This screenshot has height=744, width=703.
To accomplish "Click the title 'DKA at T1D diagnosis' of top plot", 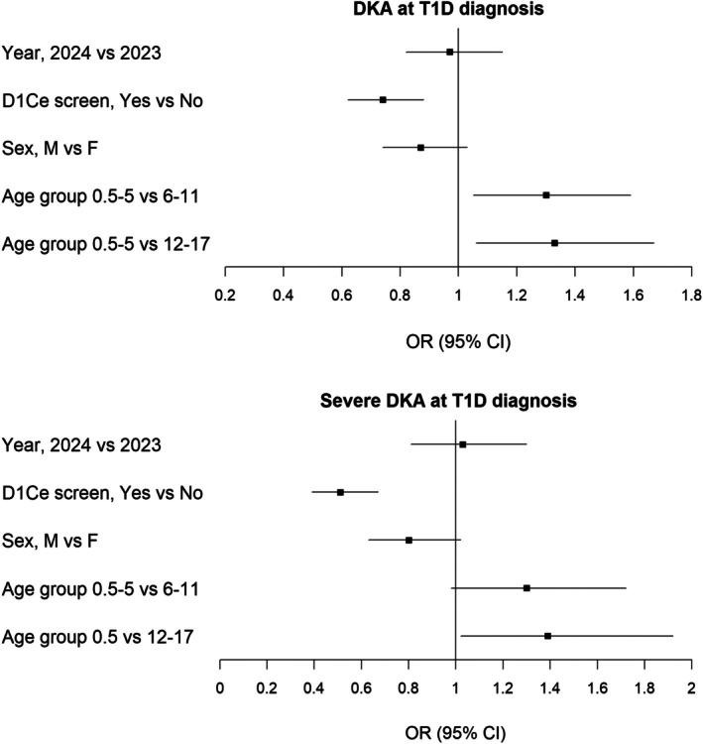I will (x=457, y=11).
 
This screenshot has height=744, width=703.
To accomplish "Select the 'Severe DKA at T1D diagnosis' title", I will (x=455, y=403).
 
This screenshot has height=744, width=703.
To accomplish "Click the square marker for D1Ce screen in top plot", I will (x=383, y=99).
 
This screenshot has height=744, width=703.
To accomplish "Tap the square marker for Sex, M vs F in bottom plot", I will (x=409, y=541).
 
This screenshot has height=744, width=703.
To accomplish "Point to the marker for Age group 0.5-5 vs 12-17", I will (x=554, y=243).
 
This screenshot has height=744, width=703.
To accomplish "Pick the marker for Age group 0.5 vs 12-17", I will (x=547, y=636).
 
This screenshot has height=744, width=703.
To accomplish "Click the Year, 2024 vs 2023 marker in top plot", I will (x=450, y=52).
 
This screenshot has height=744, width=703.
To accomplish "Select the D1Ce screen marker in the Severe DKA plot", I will (x=340, y=492).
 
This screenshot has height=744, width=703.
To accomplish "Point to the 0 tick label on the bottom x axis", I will (x=219, y=687).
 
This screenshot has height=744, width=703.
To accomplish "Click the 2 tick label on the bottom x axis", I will (x=691, y=687).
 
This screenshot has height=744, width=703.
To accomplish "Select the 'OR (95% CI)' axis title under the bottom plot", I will (x=455, y=734).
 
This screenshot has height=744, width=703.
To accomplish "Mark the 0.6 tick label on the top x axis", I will (x=341, y=295).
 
